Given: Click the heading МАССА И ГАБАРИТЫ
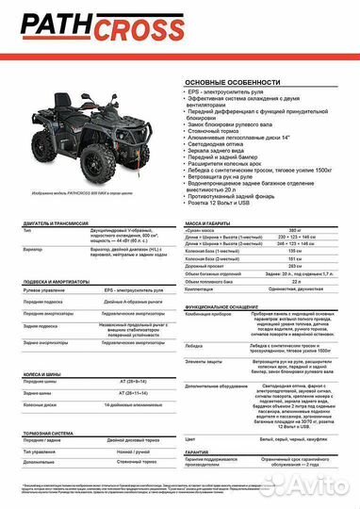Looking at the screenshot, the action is [x=216, y=249].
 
